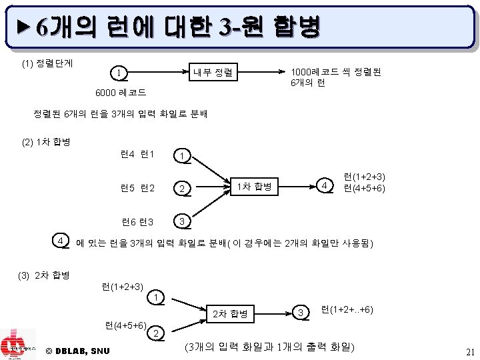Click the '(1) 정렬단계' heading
tap(47, 64)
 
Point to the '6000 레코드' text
tap(121, 92)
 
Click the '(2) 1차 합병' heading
tap(47, 143)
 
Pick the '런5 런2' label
tap(138, 187)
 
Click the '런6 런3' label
tap(137, 221)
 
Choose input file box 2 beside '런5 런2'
tap(181, 189)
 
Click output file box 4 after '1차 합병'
tap(324, 184)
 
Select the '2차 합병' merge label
tap(230, 313)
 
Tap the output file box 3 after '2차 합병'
tap(301, 312)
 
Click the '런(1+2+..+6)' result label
tap(347, 309)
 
